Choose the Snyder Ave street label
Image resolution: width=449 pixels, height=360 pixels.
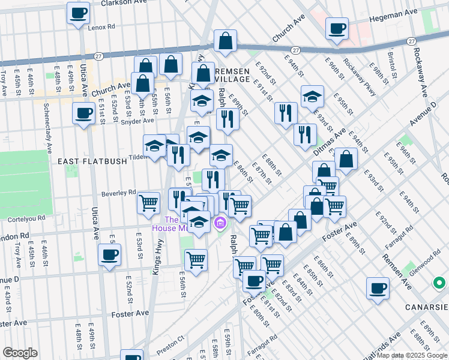(x=137, y=121)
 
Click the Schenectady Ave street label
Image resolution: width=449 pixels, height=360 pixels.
(x=47, y=131)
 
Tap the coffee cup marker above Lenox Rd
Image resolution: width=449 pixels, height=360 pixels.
(x=77, y=13)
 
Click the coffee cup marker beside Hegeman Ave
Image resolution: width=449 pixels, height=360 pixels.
(x=337, y=28)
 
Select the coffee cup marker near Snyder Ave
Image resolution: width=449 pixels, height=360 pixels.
(x=83, y=113)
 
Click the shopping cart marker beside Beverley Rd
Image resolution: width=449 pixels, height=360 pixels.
(x=148, y=202)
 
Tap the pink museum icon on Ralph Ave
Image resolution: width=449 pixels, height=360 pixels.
(x=220, y=224)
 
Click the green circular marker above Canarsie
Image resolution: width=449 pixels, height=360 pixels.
(x=440, y=283)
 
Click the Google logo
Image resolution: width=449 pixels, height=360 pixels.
(x=20, y=353)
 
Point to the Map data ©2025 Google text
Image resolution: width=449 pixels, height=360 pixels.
(x=411, y=355)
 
